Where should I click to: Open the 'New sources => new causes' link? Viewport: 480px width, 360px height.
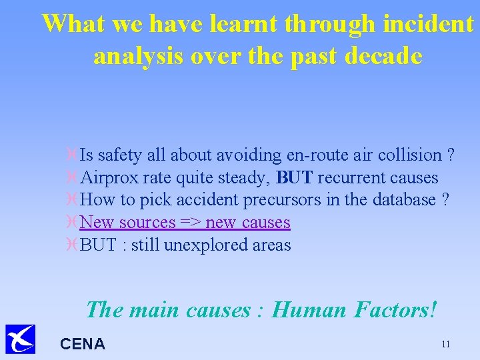(x=185, y=223)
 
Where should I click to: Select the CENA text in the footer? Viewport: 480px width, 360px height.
(x=83, y=344)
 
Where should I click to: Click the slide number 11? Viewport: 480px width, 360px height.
(x=445, y=344)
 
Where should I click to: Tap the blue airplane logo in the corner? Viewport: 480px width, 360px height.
(x=20, y=339)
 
